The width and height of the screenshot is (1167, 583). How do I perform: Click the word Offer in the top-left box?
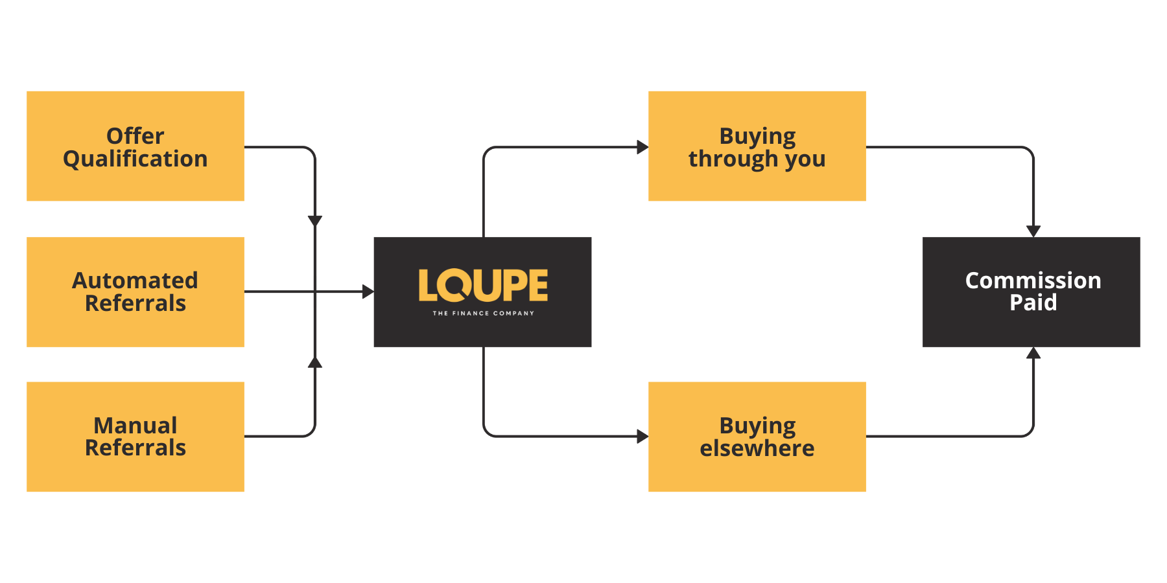click(135, 136)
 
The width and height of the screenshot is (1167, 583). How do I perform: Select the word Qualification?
click(135, 159)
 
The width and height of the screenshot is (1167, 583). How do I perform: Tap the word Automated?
click(135, 280)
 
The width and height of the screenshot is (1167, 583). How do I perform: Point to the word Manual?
click(135, 426)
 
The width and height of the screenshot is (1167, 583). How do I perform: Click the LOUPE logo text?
click(483, 286)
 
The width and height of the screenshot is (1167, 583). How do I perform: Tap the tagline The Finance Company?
click(483, 314)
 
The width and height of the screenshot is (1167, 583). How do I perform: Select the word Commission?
click(1033, 280)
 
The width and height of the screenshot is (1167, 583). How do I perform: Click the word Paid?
click(1033, 303)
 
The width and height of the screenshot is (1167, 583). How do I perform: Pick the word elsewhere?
click(757, 448)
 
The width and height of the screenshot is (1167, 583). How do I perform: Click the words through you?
click(757, 159)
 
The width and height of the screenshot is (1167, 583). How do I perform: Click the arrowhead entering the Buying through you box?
click(642, 147)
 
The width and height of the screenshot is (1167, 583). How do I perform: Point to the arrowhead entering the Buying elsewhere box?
click(642, 437)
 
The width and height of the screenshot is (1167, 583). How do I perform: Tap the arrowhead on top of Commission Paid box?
click(1033, 231)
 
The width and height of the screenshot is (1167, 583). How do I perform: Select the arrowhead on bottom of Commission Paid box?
click(1033, 353)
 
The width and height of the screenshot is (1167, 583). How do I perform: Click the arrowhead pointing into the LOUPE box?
click(368, 291)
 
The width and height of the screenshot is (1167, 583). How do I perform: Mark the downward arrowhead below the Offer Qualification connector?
click(315, 221)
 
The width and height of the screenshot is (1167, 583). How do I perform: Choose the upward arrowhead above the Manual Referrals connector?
click(315, 362)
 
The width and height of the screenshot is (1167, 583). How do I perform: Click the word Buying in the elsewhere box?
click(757, 426)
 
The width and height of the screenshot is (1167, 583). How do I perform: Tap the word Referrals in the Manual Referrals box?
click(135, 448)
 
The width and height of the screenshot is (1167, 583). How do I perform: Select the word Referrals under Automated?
click(135, 303)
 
